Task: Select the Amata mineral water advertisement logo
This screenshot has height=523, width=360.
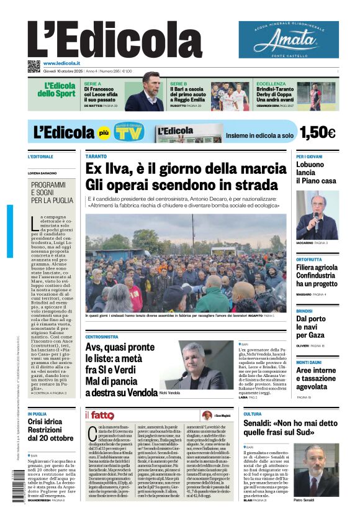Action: tap(289, 40)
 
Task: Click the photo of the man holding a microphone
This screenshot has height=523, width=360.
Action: tap(317, 214)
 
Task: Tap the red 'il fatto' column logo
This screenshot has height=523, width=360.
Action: tap(100, 415)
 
